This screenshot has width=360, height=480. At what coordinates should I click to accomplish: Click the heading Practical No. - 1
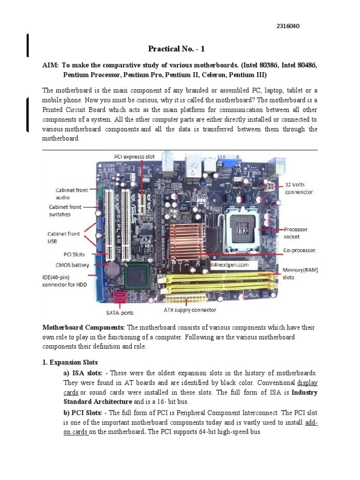coord(176,49)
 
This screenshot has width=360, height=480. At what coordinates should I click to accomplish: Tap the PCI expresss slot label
coord(135,156)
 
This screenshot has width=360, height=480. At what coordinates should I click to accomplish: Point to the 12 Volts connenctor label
coord(299,188)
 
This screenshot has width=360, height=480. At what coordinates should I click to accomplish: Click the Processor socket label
coord(296,233)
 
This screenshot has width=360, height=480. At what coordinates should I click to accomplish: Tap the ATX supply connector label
coord(190,310)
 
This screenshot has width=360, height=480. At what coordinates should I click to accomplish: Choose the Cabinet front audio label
coord(68,194)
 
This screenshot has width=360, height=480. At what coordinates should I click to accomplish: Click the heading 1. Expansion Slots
coord(70,362)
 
